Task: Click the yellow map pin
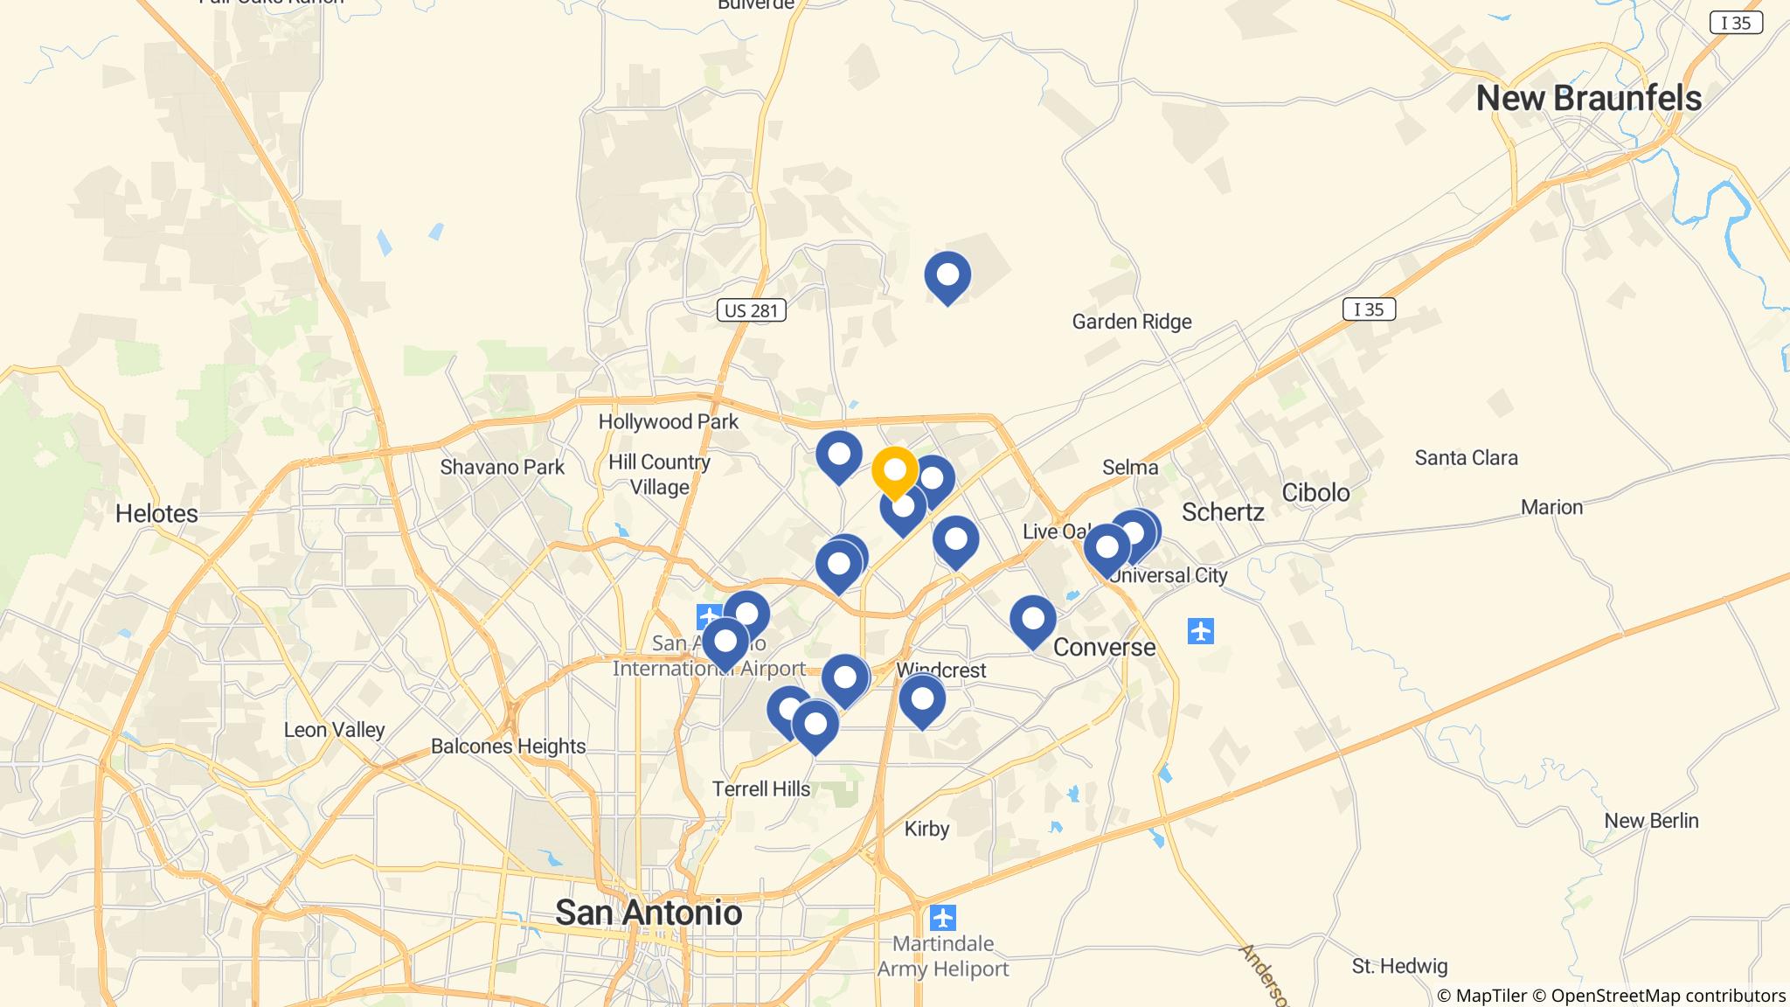click(x=894, y=471)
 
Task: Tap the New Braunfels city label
click(x=1588, y=99)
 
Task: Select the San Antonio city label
click(x=649, y=913)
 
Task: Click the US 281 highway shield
click(x=752, y=310)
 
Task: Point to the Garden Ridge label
click(x=1132, y=322)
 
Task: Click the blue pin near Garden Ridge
click(x=947, y=275)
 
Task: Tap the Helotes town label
click(x=156, y=513)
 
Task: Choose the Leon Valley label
click(x=334, y=730)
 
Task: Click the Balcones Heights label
click(x=508, y=747)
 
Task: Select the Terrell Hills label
click(x=760, y=789)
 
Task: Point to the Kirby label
click(x=926, y=829)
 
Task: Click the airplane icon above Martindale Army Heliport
click(x=942, y=918)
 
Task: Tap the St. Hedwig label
click(x=1399, y=966)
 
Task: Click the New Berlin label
click(x=1651, y=821)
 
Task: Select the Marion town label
click(x=1551, y=507)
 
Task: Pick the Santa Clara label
click(x=1466, y=458)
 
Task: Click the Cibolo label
click(x=1315, y=493)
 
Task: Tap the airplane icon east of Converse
click(x=1201, y=630)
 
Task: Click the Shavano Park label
click(x=502, y=467)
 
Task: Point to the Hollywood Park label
click(x=668, y=422)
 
